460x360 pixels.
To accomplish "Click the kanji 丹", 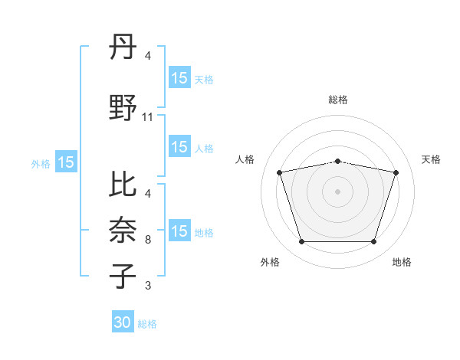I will [x=123, y=48].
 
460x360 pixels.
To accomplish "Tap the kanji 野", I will [x=123, y=107].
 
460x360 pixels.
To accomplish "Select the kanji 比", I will [x=123, y=184].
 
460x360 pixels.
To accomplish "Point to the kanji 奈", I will [x=123, y=231].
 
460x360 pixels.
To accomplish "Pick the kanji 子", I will [x=123, y=275].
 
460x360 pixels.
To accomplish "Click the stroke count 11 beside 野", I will [x=148, y=117].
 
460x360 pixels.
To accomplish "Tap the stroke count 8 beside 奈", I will [x=148, y=240].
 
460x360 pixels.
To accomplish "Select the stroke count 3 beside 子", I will [x=148, y=286].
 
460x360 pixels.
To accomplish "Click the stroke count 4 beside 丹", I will [x=148, y=56].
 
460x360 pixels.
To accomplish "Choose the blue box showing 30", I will [x=123, y=323].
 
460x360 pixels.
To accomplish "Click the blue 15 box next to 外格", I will [x=65, y=162].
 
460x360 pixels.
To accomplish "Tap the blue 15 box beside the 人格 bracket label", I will [x=179, y=148].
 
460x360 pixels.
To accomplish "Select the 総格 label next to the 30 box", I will [x=147, y=324].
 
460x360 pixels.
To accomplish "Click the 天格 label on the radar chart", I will [x=431, y=159].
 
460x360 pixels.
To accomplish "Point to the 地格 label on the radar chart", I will [x=402, y=262].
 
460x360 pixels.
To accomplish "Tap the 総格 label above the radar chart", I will [x=338, y=100].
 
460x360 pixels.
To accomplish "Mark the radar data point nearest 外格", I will [x=301, y=242].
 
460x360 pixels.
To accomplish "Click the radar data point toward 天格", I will [x=396, y=172].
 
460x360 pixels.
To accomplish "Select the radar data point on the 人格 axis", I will [x=279, y=172].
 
